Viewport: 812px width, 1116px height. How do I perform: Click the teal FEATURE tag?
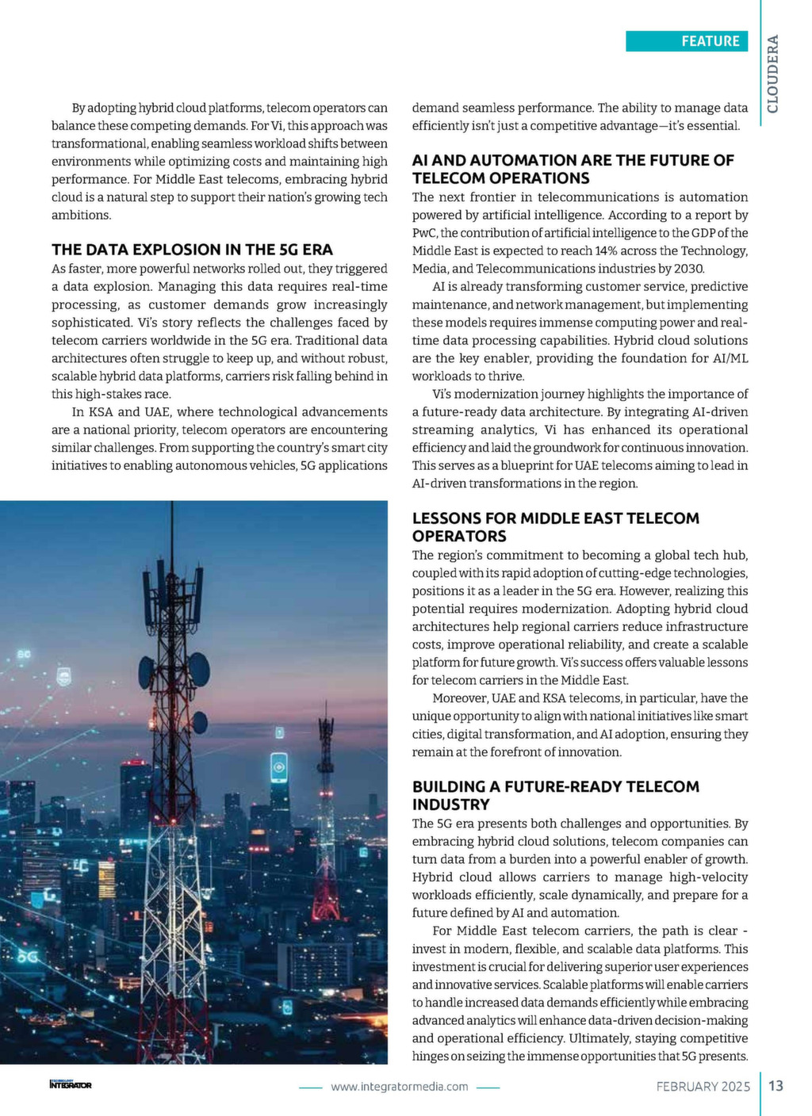coord(687,41)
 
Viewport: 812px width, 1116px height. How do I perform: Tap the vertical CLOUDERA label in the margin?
coord(772,74)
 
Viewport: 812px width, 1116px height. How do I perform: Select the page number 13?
coord(776,1086)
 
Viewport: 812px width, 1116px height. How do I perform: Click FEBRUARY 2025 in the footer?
coord(703,1087)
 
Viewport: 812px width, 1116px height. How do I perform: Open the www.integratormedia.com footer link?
coord(399,1087)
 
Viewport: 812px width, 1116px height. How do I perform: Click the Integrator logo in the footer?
coord(71,1084)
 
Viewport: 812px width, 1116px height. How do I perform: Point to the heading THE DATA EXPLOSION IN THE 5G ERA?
coord(192,250)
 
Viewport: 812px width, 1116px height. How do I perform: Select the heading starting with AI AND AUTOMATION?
coord(573,169)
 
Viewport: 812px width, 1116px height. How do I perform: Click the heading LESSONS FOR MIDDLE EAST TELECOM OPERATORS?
coord(555,527)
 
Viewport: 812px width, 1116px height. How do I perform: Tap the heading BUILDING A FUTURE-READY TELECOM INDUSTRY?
coord(555,795)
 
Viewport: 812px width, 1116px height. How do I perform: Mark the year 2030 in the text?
coord(688,269)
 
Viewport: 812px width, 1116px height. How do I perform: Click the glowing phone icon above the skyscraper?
coord(278,766)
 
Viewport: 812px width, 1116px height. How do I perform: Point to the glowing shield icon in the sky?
coord(64,676)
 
